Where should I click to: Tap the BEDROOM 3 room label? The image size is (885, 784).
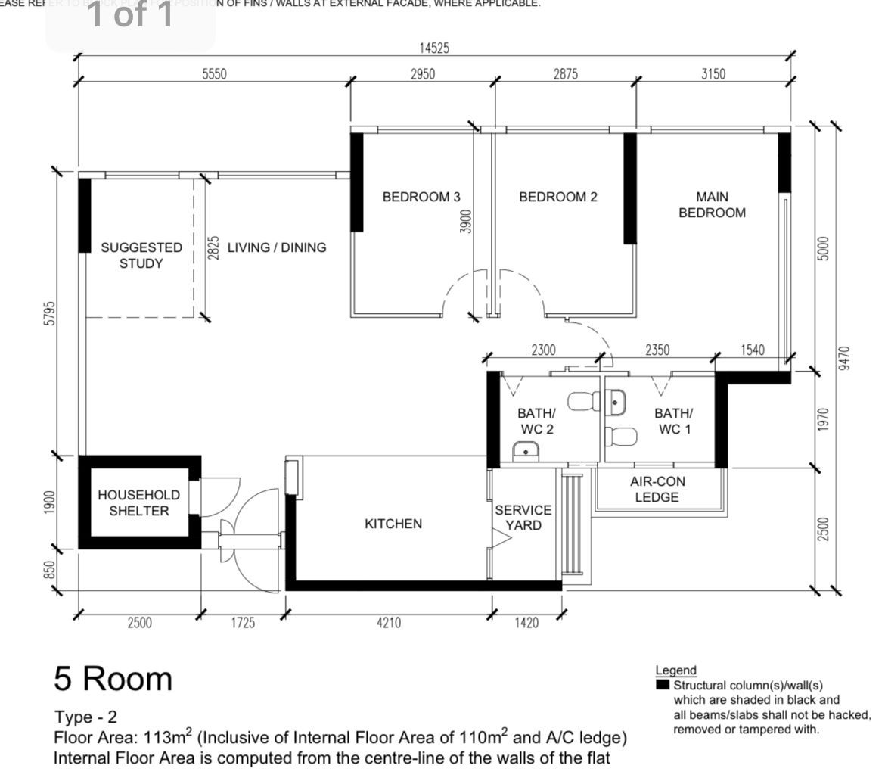click(421, 198)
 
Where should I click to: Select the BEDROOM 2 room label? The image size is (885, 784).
click(557, 198)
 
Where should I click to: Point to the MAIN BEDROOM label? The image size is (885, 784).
click(711, 205)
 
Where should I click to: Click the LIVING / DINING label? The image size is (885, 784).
click(277, 247)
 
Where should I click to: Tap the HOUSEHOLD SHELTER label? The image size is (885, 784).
click(139, 503)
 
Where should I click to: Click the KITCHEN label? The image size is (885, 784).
click(393, 524)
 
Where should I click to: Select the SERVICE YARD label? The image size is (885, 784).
click(523, 518)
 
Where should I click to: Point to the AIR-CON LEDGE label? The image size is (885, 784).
click(657, 490)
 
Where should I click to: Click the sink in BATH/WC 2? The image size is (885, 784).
click(526, 452)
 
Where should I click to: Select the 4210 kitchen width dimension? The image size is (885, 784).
click(389, 623)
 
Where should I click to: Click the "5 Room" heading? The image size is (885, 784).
click(113, 679)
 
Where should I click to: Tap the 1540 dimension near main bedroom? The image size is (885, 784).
click(753, 350)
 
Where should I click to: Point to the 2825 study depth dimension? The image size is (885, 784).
click(214, 247)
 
